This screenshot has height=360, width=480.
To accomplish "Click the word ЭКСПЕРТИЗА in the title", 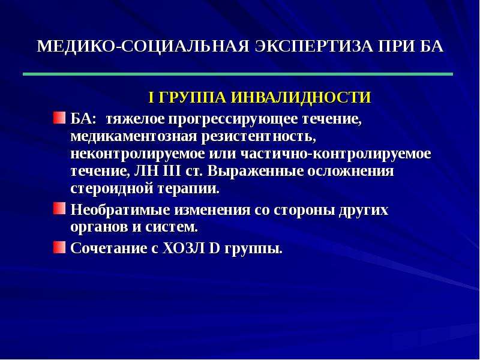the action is [x=313, y=47].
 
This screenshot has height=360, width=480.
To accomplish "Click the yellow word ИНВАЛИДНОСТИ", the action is [x=301, y=97].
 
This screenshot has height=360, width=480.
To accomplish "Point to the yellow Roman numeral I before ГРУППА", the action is [x=151, y=97].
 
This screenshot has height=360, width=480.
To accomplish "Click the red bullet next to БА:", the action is [x=59, y=118].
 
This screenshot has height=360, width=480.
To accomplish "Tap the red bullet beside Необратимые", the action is [x=59, y=208].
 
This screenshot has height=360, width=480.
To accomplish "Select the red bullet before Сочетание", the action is [x=59, y=247].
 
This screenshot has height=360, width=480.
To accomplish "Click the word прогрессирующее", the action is [x=233, y=119].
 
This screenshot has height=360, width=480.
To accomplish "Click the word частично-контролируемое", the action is [x=336, y=154].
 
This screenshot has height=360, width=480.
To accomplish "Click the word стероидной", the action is [x=112, y=188].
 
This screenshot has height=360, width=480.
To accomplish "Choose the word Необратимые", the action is [x=121, y=210].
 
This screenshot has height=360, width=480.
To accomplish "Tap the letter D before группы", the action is [x=215, y=248].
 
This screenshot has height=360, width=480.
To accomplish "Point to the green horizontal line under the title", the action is [x=238, y=74].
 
